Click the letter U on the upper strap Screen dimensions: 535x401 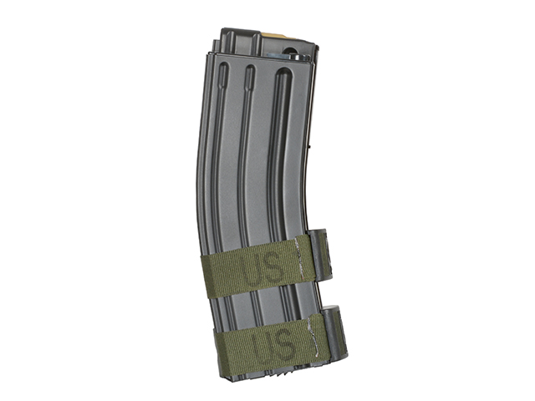[x=252, y=269]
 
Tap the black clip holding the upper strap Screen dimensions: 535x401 [x=320, y=255]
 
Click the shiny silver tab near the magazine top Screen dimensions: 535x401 [x=284, y=56]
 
